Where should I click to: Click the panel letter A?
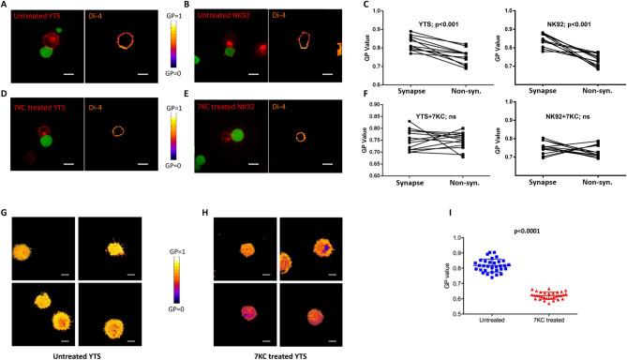point(5,5)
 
